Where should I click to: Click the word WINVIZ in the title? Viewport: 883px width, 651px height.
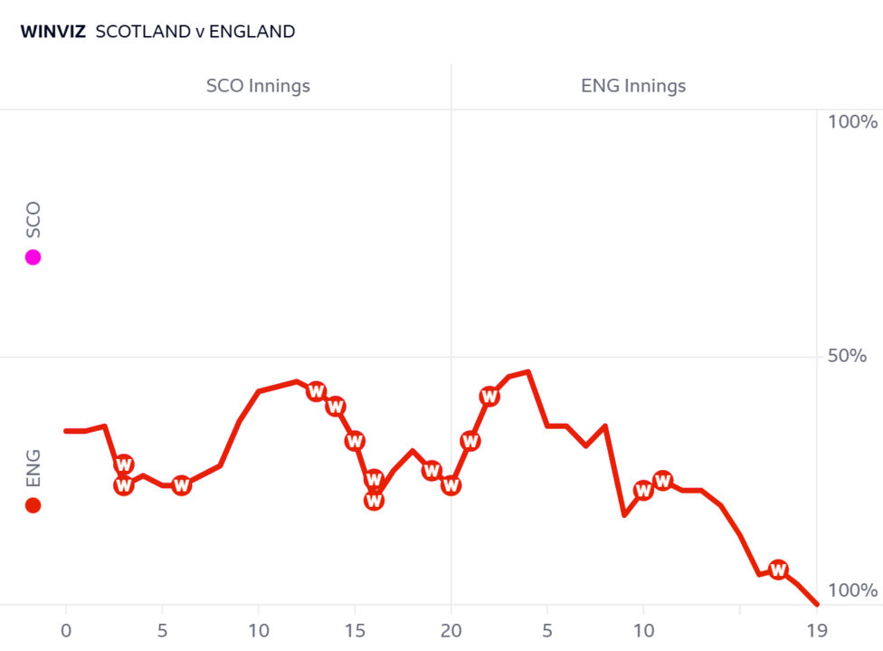click(52, 32)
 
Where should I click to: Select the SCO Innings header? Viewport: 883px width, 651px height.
click(258, 87)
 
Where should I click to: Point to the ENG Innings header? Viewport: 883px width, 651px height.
click(633, 87)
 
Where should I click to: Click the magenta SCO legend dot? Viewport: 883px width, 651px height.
click(33, 257)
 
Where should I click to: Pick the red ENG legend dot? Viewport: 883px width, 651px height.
click(33, 505)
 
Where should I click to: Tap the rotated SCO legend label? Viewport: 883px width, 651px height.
click(33, 220)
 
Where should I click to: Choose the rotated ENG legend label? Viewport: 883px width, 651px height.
click(33, 468)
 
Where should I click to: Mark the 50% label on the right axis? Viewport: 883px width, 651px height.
click(850, 356)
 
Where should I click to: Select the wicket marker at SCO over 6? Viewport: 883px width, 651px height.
click(181, 485)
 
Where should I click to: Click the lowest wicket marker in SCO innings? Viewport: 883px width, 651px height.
click(374, 500)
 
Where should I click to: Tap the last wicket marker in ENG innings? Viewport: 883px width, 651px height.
click(778, 570)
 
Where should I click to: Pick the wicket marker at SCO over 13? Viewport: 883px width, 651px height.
click(316, 391)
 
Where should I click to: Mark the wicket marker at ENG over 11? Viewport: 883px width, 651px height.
click(663, 481)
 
